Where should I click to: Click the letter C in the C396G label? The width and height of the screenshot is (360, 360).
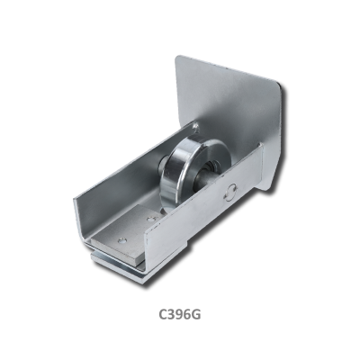pos(163,314)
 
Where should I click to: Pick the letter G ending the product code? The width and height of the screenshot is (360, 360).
pos(196,314)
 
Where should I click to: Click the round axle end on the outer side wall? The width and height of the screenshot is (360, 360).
pos(230,193)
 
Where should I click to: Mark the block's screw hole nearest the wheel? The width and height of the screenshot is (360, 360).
pos(151,219)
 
